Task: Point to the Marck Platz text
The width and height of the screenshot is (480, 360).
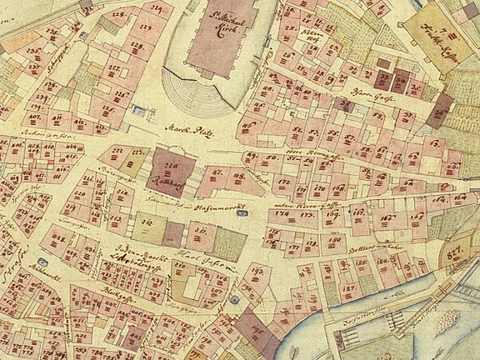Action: coord(185,130)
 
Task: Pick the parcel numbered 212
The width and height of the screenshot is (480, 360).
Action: coord(146,222)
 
